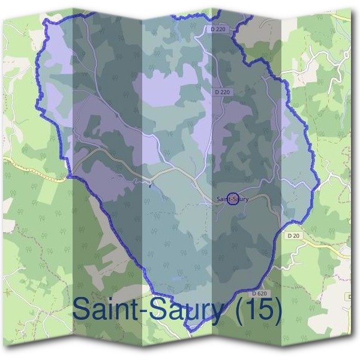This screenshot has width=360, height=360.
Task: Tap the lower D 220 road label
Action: tap(221, 92)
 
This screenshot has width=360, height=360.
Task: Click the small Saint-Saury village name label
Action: tap(232, 199)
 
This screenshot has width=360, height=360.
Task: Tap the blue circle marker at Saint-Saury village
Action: tap(234, 199)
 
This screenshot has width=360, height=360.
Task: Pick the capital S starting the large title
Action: tap(81, 310)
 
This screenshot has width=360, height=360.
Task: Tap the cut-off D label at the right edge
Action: tap(349, 296)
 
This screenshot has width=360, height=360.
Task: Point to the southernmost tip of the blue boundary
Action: tap(190, 329)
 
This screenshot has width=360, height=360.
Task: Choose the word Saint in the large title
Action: tap(112, 310)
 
